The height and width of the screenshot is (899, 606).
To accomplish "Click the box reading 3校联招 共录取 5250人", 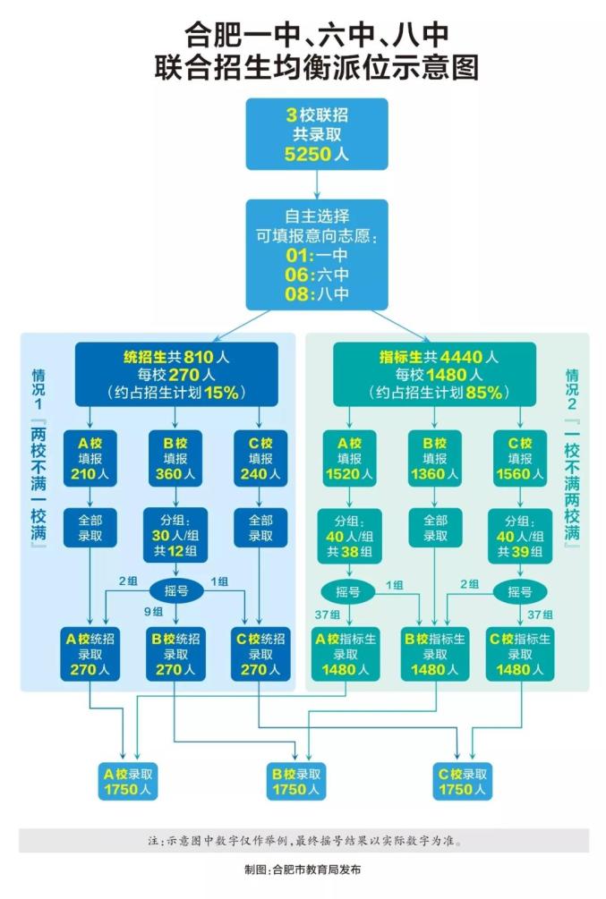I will pos(317,134).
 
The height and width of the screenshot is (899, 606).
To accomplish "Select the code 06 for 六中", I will pos(298,275).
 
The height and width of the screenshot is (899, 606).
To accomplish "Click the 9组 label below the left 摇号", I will pos(153,612).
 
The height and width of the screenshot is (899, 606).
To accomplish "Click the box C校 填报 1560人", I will pos(520,458).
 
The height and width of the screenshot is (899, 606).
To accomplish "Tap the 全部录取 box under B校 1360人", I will pos(435,528).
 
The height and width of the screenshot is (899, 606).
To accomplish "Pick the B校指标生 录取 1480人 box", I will pos(435,654).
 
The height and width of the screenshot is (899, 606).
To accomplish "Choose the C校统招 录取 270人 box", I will pos(260,654).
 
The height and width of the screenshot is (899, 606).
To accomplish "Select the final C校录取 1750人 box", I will pos(464,781).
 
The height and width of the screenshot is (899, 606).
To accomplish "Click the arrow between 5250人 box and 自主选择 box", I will pos(317,184).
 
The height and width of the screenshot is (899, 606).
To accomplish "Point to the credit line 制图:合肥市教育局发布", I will pos(303,869).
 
